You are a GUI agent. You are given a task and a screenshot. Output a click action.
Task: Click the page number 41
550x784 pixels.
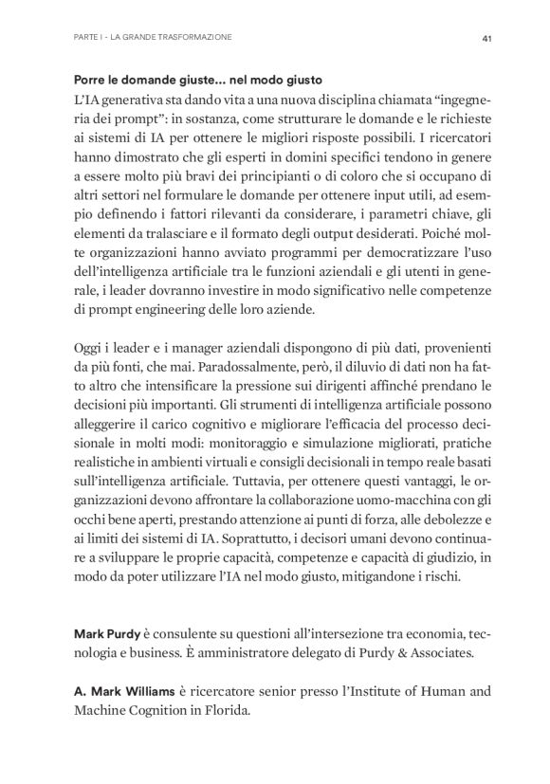pyautogui.click(x=485, y=37)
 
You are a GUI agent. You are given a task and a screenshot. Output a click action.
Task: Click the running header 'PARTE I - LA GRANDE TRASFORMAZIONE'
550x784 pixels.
pyautogui.click(x=153, y=37)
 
